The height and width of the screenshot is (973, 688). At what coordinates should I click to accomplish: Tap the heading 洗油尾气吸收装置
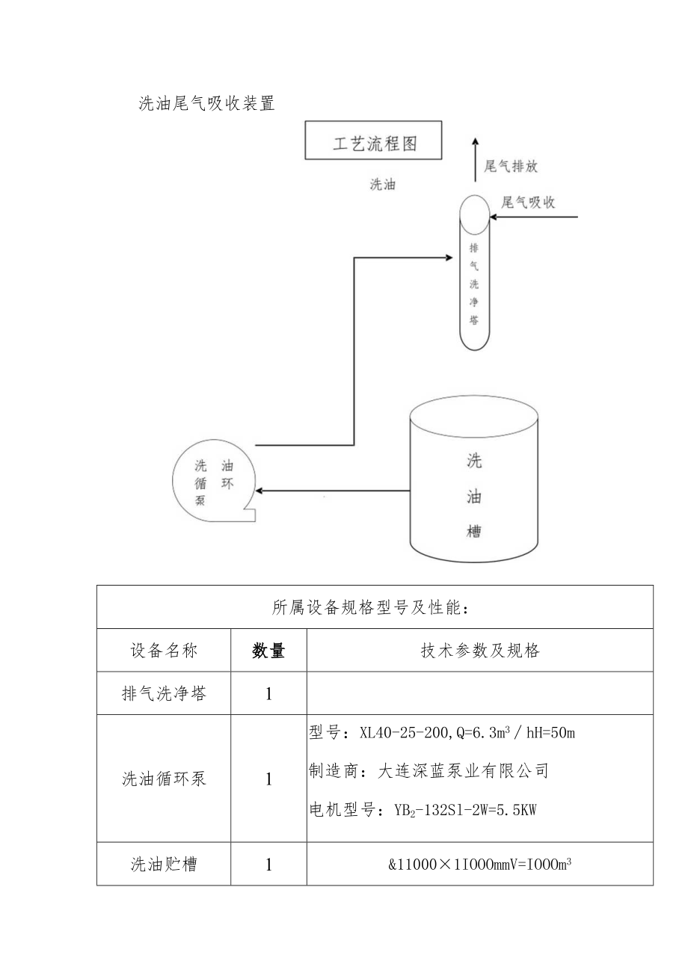(207, 104)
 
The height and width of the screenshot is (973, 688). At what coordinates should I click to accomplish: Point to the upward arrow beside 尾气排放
(474, 158)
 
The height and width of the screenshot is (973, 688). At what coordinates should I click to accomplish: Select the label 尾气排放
(511, 167)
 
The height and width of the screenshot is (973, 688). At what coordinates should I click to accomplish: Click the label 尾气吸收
(528, 202)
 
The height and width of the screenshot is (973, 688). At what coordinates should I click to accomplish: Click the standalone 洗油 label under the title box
(383, 185)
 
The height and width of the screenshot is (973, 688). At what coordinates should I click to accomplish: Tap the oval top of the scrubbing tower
(473, 214)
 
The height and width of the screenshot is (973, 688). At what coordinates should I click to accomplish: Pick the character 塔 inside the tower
(473, 321)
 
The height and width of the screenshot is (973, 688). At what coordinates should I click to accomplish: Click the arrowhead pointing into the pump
(259, 491)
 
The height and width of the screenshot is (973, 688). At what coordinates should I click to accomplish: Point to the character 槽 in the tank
(473, 532)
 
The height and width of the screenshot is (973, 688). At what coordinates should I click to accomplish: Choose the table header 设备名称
(164, 651)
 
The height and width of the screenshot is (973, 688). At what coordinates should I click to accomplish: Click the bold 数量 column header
(268, 651)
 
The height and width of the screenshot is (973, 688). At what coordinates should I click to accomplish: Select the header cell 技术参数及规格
(480, 651)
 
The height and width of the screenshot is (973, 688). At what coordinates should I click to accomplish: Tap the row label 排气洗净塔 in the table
(164, 693)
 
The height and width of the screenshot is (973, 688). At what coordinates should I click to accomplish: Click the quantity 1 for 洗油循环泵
(268, 779)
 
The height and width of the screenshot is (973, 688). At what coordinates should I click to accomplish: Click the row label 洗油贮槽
(164, 865)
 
